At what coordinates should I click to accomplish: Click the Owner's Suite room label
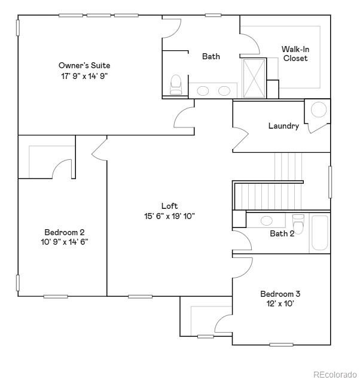pos(84,65)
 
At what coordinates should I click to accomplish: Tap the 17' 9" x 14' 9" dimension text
pos(84,75)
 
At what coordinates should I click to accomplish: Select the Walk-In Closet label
pos(295,54)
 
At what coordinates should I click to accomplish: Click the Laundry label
pos(283,126)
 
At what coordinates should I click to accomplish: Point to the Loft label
pos(169,206)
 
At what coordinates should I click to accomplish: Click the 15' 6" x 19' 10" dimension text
pos(169,216)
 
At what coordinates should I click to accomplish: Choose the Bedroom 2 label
pos(65,232)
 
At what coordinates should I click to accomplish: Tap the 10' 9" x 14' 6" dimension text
pos(65,242)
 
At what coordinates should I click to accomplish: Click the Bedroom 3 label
pos(280,294)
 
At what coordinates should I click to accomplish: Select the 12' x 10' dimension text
pos(280,303)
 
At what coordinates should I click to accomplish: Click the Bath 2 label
pos(282,233)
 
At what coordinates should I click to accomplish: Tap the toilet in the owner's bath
pos(176,85)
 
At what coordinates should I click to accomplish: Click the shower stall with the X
pos(254,78)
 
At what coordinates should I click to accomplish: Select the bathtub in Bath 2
pos(319,233)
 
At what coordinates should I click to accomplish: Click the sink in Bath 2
pos(267,220)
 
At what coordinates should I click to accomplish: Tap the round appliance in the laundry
pos(319,110)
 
